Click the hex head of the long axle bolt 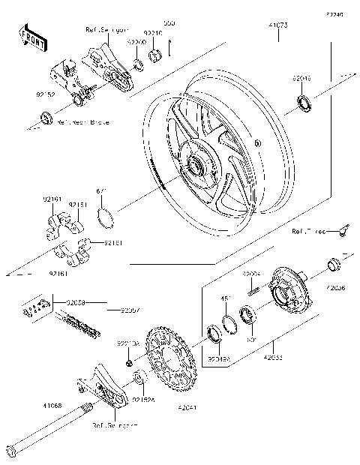pos(11,451)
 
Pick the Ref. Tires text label pos(309,232)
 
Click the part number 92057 pos(119,309)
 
